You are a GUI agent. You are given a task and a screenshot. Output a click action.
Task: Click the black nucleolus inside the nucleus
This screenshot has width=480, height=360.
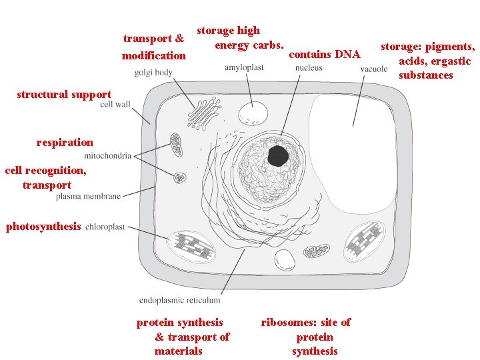click(278, 157)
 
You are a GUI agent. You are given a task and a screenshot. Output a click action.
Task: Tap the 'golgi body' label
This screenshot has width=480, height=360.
click(153, 73)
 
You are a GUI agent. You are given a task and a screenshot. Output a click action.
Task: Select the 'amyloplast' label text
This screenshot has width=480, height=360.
click(244, 68)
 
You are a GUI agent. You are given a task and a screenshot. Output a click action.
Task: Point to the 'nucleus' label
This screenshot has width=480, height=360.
click(309, 68)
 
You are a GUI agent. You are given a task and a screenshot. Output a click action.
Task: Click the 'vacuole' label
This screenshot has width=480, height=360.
click(374, 69)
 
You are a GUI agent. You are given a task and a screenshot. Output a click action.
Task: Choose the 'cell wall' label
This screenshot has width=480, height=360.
click(115, 105)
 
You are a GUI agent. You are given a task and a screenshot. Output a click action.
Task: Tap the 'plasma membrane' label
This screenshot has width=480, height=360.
click(89, 197)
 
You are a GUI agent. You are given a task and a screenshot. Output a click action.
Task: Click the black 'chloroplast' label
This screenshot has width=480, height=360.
click(105, 227)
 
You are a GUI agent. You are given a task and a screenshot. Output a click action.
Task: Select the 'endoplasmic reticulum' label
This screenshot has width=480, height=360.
click(180, 301)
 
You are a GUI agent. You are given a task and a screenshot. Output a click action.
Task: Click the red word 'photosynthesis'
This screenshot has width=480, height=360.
click(43, 227)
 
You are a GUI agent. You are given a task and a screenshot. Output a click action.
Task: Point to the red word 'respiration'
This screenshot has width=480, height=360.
click(65, 142)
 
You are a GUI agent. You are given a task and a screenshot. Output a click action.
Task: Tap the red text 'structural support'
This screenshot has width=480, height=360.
click(64, 94)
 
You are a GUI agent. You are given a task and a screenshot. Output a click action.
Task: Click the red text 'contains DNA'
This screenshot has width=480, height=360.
click(324, 54)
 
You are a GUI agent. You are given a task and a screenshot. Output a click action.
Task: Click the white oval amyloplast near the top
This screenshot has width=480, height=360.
click(252, 113)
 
